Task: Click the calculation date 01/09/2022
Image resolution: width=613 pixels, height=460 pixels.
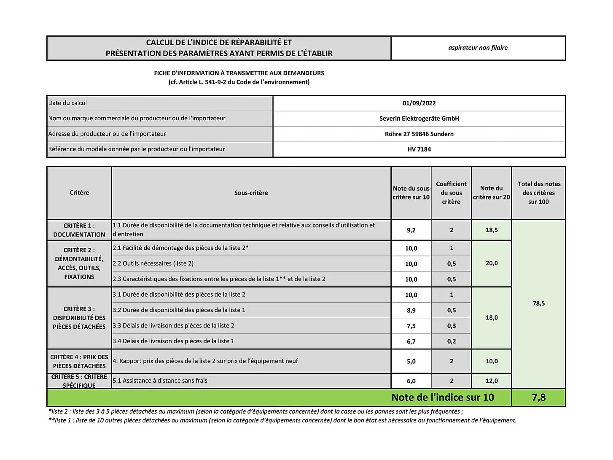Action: pos(419,103)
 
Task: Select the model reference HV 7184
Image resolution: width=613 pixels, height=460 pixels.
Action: pos(419,149)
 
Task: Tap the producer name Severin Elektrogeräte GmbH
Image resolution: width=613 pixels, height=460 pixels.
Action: pos(419,119)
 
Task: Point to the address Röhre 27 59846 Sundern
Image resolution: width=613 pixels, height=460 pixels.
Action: pos(419,134)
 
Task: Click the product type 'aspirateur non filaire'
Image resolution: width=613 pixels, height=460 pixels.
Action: pos(478,48)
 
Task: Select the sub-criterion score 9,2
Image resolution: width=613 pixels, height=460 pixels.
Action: pos(411,230)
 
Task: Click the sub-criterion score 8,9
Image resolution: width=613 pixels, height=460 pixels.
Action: pos(411,311)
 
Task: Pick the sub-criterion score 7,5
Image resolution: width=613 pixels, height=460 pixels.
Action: pos(411,326)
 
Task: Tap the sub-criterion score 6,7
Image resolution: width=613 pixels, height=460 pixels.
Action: pos(411,342)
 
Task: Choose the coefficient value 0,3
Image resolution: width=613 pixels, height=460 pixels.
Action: pos(452,326)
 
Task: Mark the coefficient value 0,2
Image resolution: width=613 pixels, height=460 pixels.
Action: pos(452,342)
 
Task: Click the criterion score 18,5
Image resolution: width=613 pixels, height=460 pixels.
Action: pos(492,230)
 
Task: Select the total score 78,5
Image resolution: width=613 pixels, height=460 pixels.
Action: pos(539,303)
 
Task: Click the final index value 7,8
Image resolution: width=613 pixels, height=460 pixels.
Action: pos(539,398)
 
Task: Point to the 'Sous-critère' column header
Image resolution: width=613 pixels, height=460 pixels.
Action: pos(251,193)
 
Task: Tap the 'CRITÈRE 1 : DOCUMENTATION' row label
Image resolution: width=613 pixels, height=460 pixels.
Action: pos(79,230)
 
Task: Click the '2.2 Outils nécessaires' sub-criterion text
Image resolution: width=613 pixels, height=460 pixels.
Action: pos(153,264)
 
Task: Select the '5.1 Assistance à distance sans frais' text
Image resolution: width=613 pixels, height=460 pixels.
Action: pos(160,381)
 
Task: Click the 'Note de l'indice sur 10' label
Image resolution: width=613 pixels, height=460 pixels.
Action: pos(443,398)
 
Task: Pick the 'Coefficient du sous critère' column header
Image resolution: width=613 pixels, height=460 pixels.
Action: pos(452,193)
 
